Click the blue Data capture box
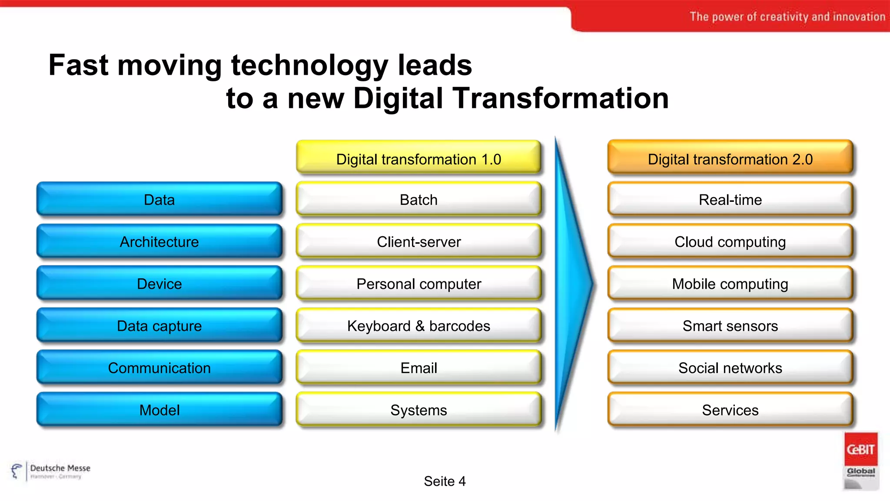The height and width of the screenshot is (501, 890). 159,325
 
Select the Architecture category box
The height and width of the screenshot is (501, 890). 159,241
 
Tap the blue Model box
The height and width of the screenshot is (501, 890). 159,410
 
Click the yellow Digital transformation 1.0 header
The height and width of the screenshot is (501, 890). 418,159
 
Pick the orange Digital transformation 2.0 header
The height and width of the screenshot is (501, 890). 730,159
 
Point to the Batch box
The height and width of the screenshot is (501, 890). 418,200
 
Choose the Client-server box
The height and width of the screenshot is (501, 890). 418,241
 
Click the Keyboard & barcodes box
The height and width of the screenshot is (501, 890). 418,325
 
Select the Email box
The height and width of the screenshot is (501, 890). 418,367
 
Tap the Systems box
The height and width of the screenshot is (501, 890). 418,410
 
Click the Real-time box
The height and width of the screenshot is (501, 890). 730,200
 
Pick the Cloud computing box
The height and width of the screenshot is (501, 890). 730,241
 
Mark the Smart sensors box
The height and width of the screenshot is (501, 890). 730,325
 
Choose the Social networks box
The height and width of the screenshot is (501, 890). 730,367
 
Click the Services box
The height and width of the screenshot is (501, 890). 730,410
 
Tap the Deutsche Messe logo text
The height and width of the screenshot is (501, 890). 60,468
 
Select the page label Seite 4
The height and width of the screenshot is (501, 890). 445,481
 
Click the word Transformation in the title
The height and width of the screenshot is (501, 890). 560,98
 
